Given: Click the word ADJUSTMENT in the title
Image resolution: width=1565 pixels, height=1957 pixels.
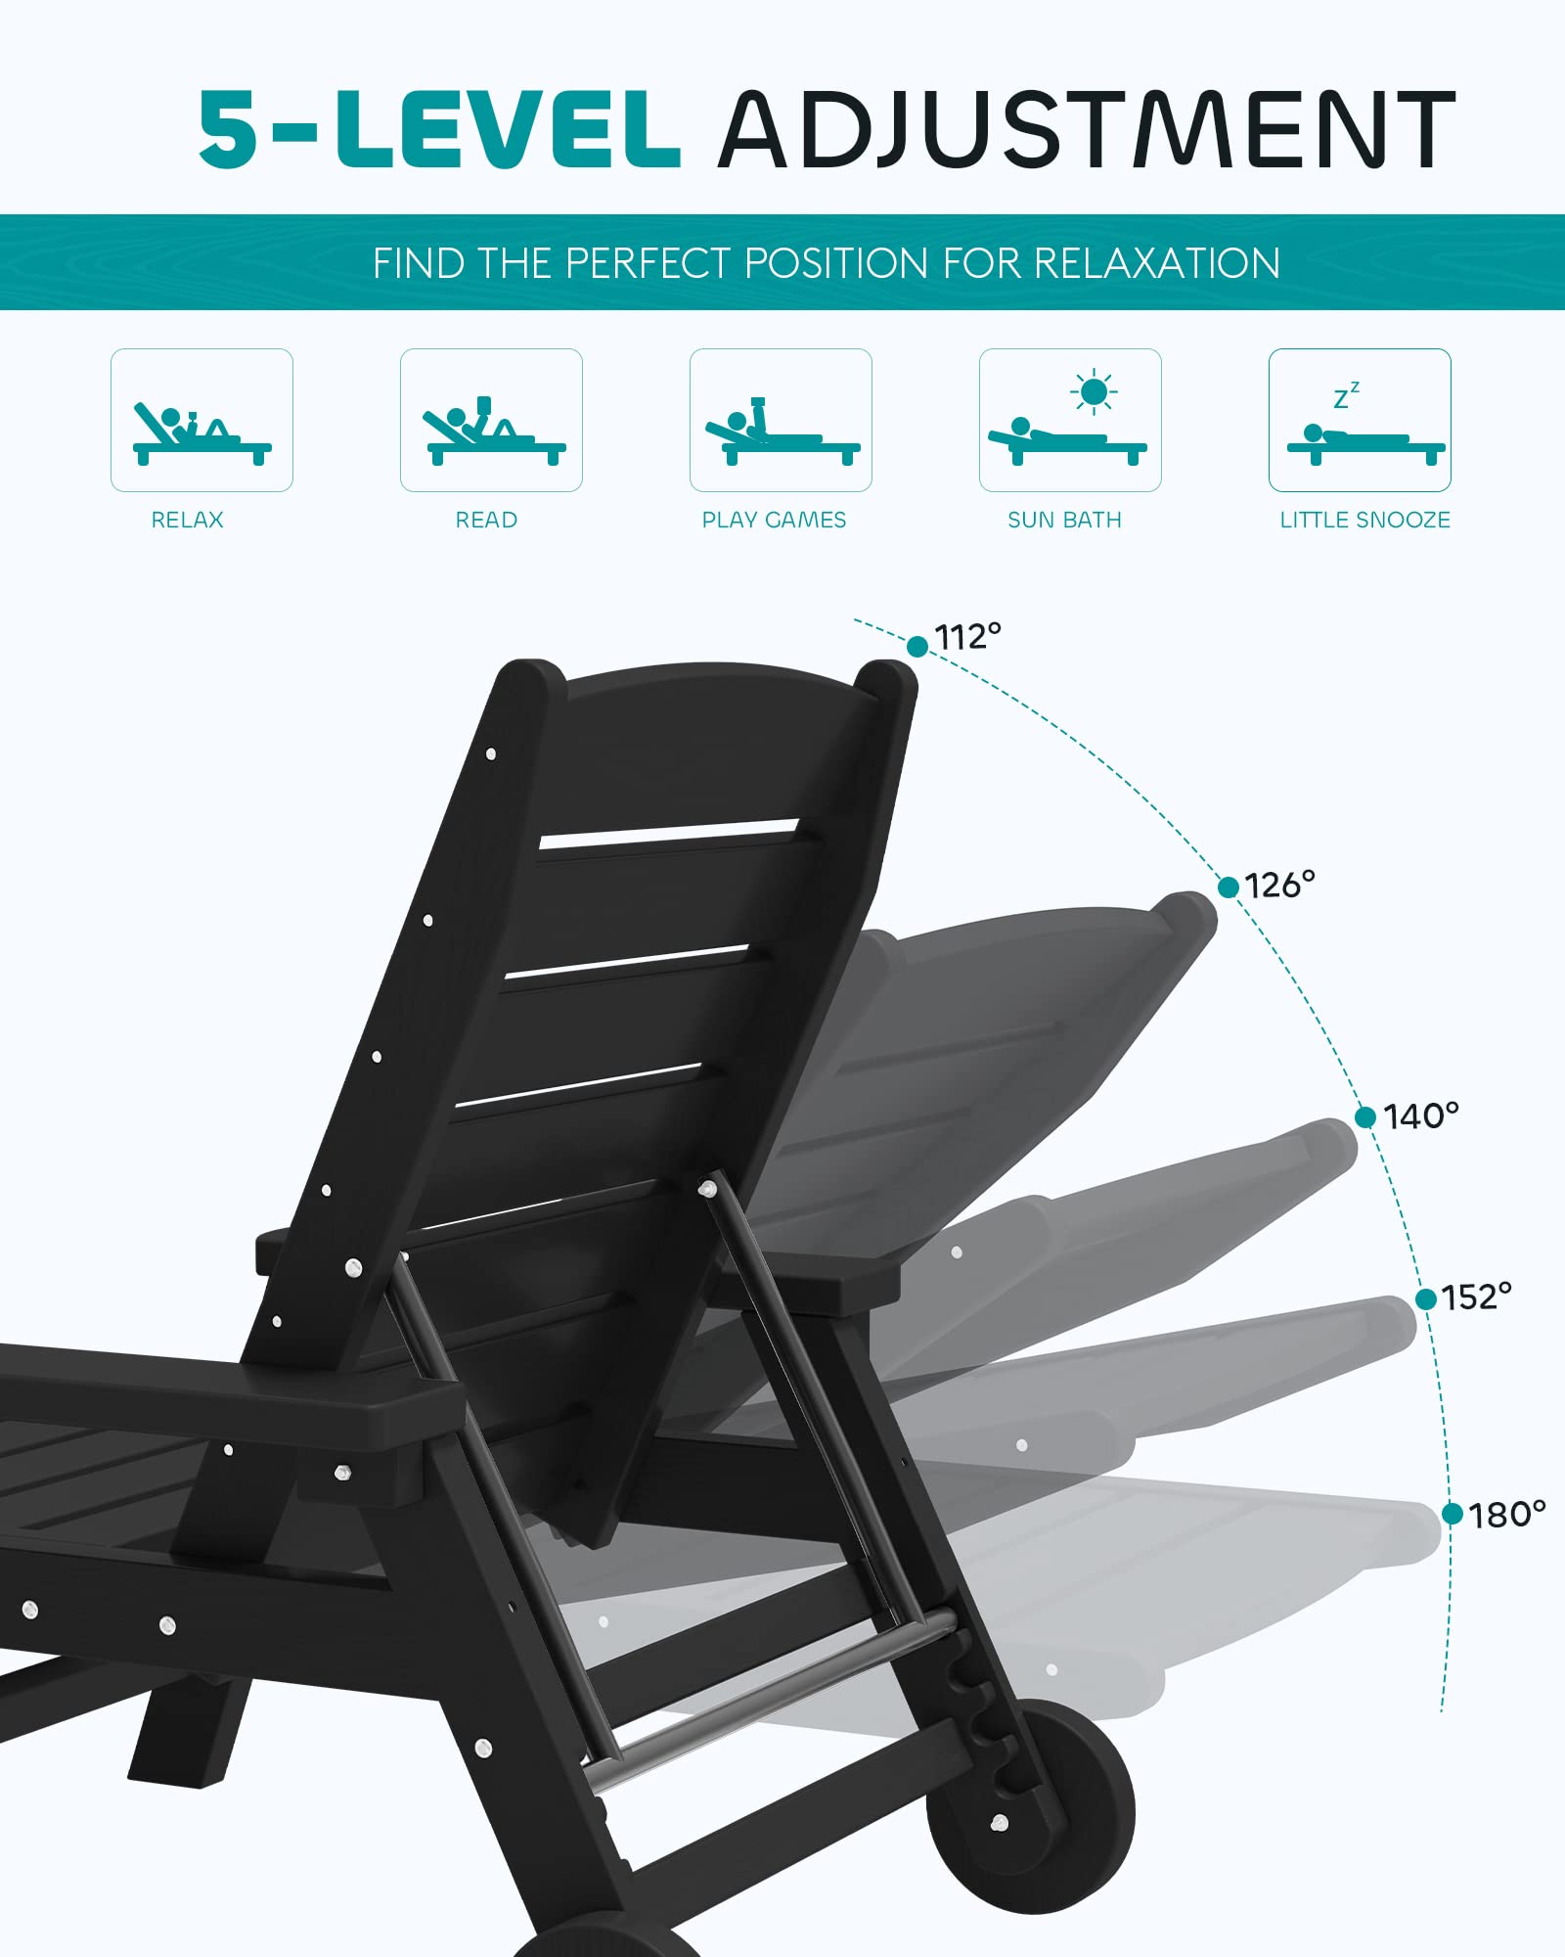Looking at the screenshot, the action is coord(1088,129).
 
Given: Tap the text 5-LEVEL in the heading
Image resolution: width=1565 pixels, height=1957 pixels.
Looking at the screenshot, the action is coord(439,129).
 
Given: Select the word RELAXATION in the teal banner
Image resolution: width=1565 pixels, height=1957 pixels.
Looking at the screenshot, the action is coord(1156,263).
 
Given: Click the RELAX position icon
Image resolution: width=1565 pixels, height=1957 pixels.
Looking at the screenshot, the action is coord(201,420).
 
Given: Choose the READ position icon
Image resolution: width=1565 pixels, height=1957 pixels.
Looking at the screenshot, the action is coord(491,420).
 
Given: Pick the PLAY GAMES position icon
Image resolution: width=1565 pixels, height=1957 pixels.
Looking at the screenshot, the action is coord(781,420).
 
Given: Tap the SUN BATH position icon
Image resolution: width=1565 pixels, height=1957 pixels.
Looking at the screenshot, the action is coord(1070,420).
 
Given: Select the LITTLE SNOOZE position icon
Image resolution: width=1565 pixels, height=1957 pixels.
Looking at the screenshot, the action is coord(1360,420).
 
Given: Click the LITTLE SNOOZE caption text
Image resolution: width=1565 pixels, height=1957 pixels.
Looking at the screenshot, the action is coord(1365,520).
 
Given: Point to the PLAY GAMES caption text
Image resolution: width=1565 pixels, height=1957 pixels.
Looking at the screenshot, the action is coord(774,520).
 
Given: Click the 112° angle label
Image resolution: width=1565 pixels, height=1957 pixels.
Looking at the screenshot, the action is coord(968,637).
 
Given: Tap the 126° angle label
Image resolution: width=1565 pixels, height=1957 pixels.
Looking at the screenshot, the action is coord(1280,886).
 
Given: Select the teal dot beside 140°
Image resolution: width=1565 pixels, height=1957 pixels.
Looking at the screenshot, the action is coord(1365,1117).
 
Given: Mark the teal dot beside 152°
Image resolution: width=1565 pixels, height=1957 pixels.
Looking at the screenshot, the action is coord(1426,1298).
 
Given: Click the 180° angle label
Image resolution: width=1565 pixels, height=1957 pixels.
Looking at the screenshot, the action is coord(1507,1515).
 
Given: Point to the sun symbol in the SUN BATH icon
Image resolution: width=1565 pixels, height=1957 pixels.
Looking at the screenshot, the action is coord(1094,392).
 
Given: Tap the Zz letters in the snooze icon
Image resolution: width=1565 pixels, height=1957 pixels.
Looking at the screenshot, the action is coord(1347,395).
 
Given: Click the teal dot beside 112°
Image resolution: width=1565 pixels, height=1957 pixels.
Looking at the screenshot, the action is coord(917,647).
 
